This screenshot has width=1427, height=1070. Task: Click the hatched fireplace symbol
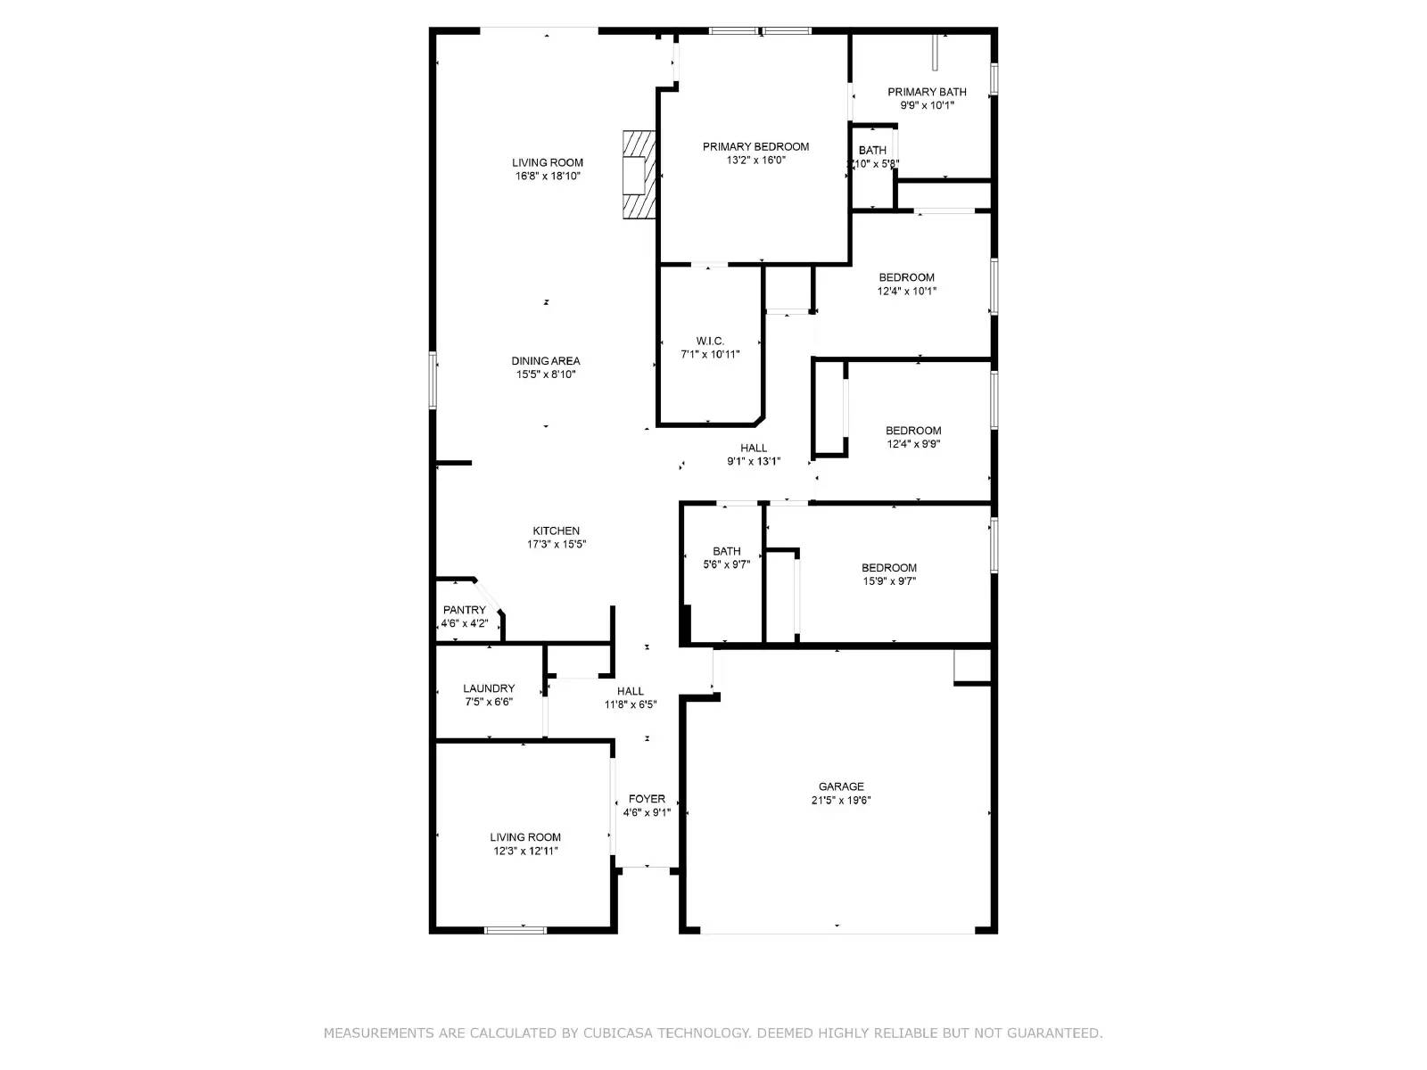[639, 175]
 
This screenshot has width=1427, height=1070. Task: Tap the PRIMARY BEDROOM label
[755, 147]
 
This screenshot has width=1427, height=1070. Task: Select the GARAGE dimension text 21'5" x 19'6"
[841, 801]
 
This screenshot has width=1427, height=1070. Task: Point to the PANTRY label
[464, 610]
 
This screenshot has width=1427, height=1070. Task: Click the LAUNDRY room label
[489, 688]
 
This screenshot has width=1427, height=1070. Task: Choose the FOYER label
[647, 799]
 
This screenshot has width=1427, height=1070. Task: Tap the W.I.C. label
[710, 341]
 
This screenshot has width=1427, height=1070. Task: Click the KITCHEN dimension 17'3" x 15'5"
[556, 544]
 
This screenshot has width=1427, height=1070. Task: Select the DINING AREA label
[546, 361]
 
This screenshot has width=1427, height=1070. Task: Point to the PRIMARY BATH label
[927, 92]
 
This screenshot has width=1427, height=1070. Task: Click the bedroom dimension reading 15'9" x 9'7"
[888, 581]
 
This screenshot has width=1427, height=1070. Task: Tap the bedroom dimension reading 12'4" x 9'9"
[912, 444]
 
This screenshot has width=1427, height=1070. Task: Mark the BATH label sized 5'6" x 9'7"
[726, 551]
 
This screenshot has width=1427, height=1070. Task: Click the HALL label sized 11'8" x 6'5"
[631, 691]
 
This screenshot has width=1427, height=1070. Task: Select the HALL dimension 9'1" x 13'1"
[754, 462]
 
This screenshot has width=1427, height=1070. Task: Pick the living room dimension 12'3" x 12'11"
[525, 851]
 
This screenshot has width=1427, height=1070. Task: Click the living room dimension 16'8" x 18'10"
[547, 177]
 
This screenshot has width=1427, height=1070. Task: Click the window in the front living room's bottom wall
[516, 930]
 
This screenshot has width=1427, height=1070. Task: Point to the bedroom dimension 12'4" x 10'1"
[906, 291]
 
